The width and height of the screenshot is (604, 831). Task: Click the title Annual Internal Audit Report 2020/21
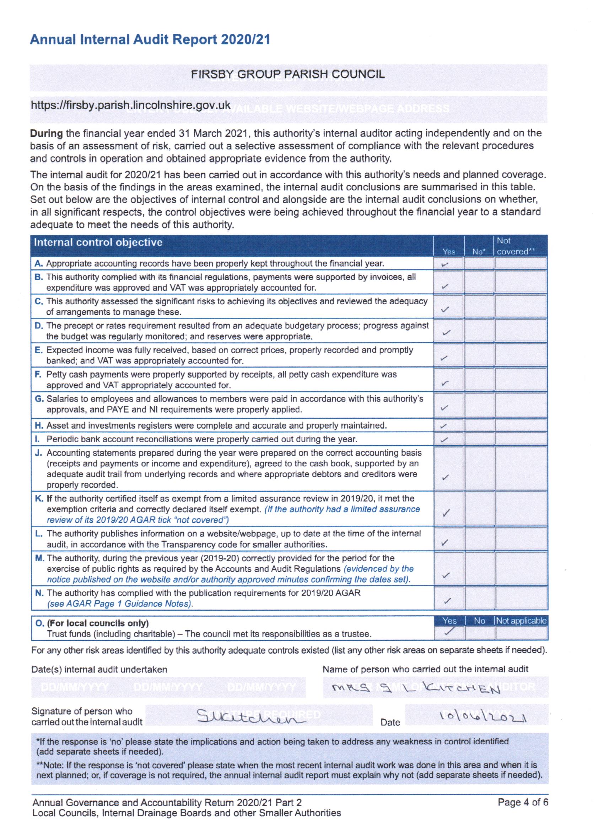coord(150,39)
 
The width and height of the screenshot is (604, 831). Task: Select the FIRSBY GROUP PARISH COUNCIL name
coord(287,74)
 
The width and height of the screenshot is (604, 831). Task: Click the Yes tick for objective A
coord(445,264)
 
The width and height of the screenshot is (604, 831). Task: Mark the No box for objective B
coord(479,282)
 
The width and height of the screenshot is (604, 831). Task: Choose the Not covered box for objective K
coord(521,509)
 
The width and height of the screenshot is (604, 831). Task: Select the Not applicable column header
coord(521,621)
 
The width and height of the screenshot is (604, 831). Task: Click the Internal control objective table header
coord(98,242)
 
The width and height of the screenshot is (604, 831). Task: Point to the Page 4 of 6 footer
coord(523,803)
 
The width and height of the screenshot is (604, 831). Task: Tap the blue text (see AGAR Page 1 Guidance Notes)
coord(120,604)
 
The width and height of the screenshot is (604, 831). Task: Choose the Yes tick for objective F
coord(445,384)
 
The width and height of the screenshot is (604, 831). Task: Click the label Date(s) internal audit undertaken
coord(99,669)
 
